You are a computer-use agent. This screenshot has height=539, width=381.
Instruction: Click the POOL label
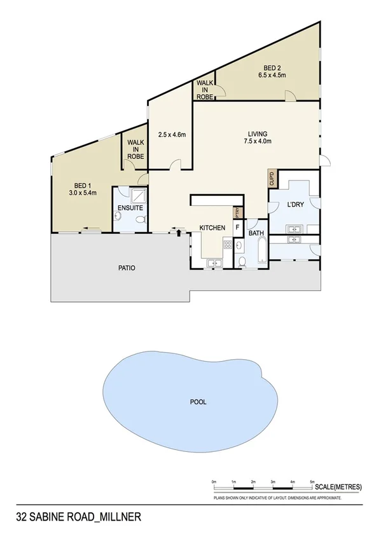(x=198, y=402)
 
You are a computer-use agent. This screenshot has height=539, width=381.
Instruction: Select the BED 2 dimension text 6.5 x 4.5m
(x=274, y=75)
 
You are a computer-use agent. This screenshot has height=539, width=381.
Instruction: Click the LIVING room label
(x=258, y=133)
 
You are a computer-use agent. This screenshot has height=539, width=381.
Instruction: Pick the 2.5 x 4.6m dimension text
(x=172, y=135)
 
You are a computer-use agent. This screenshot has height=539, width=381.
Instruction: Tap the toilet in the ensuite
(x=143, y=219)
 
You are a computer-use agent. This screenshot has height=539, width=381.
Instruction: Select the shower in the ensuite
(x=138, y=195)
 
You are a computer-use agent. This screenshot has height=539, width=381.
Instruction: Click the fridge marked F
(x=238, y=226)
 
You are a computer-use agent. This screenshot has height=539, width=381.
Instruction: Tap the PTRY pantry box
(x=237, y=212)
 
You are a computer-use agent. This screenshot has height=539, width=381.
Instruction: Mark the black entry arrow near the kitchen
(x=179, y=233)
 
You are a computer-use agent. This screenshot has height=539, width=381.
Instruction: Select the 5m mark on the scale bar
(x=312, y=482)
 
